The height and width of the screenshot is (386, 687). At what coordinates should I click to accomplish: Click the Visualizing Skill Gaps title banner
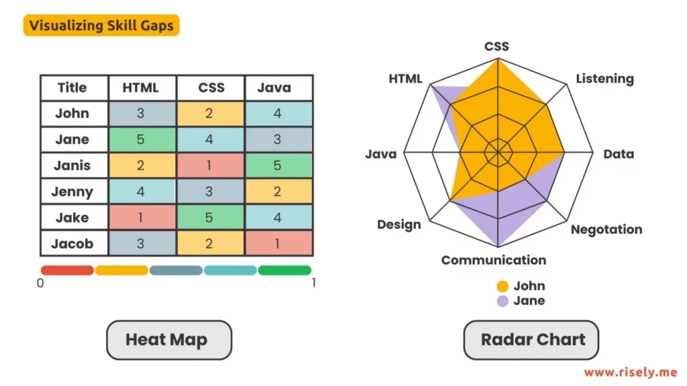[101, 26]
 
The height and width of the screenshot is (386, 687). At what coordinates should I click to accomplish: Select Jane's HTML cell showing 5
[142, 139]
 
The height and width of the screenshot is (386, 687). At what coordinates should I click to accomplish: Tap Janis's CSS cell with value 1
[210, 166]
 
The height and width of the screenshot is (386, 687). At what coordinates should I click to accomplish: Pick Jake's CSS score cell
[210, 217]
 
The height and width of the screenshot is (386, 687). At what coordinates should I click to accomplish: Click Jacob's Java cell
[278, 243]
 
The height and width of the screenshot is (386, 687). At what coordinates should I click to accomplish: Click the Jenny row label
[72, 192]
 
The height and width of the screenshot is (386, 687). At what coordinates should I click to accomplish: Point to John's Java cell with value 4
[278, 113]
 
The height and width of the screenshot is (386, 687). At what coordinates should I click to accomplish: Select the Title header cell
[72, 88]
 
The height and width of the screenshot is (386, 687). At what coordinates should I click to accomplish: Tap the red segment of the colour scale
[67, 271]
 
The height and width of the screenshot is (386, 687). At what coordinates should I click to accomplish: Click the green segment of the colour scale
[284, 271]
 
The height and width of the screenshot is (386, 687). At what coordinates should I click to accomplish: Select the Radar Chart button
[531, 340]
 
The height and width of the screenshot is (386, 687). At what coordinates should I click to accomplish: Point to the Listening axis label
[604, 79]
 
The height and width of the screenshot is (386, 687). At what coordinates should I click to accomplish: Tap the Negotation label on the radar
[606, 229]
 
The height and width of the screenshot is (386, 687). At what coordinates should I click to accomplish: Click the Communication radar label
[493, 260]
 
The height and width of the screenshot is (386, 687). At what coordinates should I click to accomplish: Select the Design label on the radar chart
[399, 224]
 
